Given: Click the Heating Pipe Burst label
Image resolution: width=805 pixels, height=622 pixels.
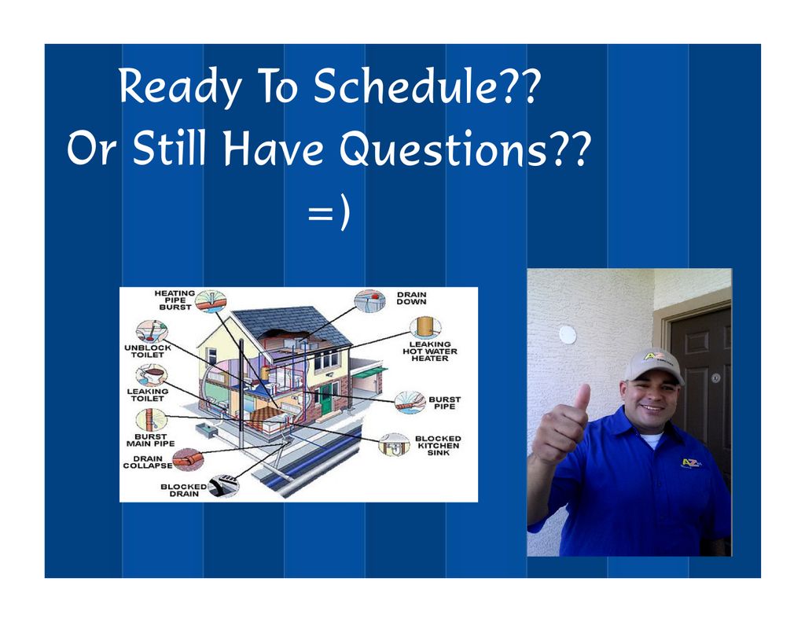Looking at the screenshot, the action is pyautogui.click(x=175, y=300).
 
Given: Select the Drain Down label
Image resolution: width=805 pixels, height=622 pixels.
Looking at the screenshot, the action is pyautogui.click(x=411, y=298).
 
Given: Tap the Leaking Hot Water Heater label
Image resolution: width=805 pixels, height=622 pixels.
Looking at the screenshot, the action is pyautogui.click(x=430, y=351).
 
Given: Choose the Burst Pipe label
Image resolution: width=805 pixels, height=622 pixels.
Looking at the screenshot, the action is pyautogui.click(x=445, y=403).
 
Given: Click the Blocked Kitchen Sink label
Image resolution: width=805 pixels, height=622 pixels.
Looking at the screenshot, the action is pyautogui.click(x=438, y=445).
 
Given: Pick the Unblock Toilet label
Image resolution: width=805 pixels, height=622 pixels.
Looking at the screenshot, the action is pyautogui.click(x=147, y=351).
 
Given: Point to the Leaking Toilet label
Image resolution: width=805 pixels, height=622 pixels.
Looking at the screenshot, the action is pyautogui.click(x=147, y=395).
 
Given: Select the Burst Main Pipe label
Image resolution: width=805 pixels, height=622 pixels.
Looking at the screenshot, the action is pyautogui.click(x=150, y=440).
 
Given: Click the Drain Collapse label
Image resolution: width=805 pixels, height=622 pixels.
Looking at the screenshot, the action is pyautogui.click(x=148, y=462).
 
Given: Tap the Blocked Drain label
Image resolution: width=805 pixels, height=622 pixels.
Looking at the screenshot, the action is pyautogui.click(x=184, y=490).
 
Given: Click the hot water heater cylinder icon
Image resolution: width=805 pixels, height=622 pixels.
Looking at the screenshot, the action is pyautogui.click(x=425, y=327).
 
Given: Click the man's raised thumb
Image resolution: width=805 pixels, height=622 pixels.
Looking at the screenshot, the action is pyautogui.click(x=583, y=398).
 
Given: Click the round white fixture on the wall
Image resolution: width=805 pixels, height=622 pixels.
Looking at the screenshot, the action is pyautogui.click(x=568, y=334).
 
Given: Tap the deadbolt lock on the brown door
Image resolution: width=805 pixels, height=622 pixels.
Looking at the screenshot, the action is pyautogui.click(x=715, y=378).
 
